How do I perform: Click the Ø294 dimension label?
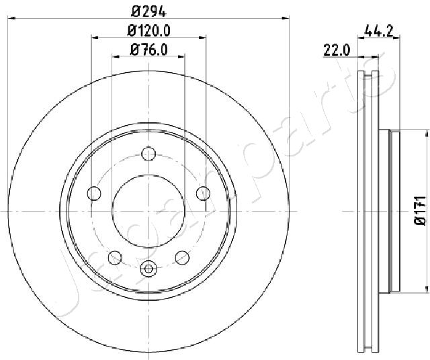click(149, 11)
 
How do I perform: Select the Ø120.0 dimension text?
click(149, 31)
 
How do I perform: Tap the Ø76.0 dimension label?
click(149, 50)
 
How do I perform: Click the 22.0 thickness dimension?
click(337, 50)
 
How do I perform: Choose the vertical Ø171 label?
click(419, 211)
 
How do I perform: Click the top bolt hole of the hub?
click(148, 154)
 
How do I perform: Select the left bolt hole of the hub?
click(94, 193)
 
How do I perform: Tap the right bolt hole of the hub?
click(203, 193)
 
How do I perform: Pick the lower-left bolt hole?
click(115, 257)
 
